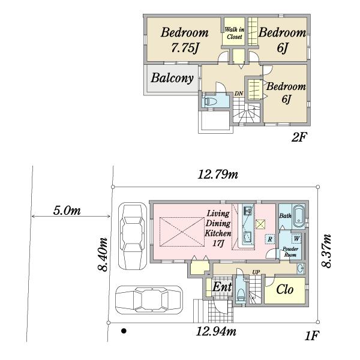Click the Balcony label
pos(172,78)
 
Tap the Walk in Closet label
pos(235,33)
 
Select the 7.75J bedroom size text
pos(185,48)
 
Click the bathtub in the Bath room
pos(298,216)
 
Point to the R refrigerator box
pos(270,239)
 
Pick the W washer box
pos(296,239)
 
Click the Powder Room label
pos(290,251)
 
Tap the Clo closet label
pos(284,289)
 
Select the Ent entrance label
pos(222,286)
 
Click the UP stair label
pos(256,272)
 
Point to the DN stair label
pos(239,94)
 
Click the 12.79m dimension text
pos(218,175)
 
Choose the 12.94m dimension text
pos(216,331)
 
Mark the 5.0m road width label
pos(67,210)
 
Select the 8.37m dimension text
pos(326,251)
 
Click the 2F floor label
pos(299,137)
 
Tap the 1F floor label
pos(312,335)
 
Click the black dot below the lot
pos(124,331)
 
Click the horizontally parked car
pos(149,299)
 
